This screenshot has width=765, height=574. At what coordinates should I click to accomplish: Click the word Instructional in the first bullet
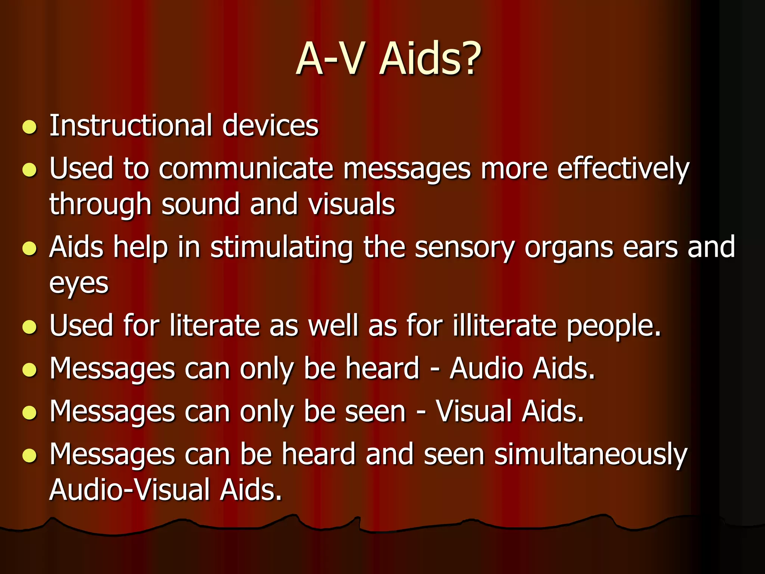(131, 126)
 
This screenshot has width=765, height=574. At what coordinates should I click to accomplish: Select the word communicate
(245, 169)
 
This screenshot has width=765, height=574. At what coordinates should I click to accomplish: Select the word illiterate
(505, 325)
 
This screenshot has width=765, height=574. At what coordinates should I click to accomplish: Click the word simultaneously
(591, 455)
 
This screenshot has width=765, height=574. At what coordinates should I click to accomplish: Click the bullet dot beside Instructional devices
(30, 127)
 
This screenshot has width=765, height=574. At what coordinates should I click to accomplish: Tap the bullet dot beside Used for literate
(30, 327)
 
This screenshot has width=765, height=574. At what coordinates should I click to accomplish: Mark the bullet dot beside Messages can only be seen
(30, 413)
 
